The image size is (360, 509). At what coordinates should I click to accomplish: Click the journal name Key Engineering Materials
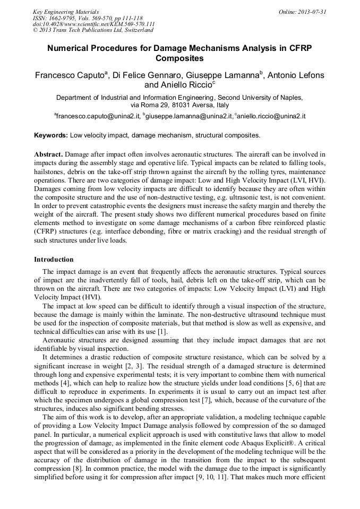(x=66, y=12)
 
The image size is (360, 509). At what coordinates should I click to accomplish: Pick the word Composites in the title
(x=179, y=58)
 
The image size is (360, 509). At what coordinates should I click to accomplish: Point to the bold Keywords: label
(x=51, y=135)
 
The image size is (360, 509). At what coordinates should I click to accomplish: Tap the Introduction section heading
(x=54, y=260)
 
